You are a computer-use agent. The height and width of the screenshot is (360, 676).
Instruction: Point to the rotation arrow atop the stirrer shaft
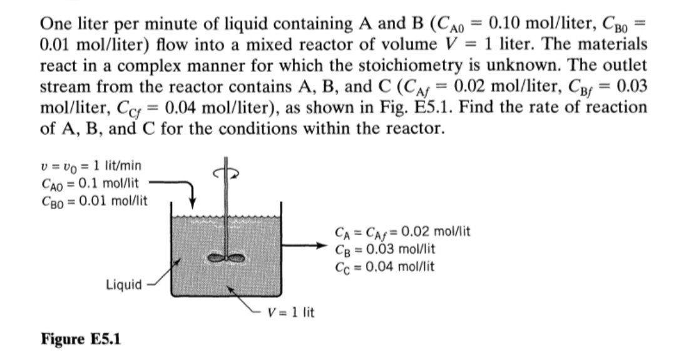[227, 174]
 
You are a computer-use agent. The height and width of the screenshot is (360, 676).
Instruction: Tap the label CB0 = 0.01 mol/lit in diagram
[93, 200]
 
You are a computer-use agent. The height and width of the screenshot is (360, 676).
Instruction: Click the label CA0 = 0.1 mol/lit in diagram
[90, 183]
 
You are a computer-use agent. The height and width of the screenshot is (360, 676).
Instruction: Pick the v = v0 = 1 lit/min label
[90, 166]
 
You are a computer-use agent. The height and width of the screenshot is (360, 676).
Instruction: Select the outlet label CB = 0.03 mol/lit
[385, 249]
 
